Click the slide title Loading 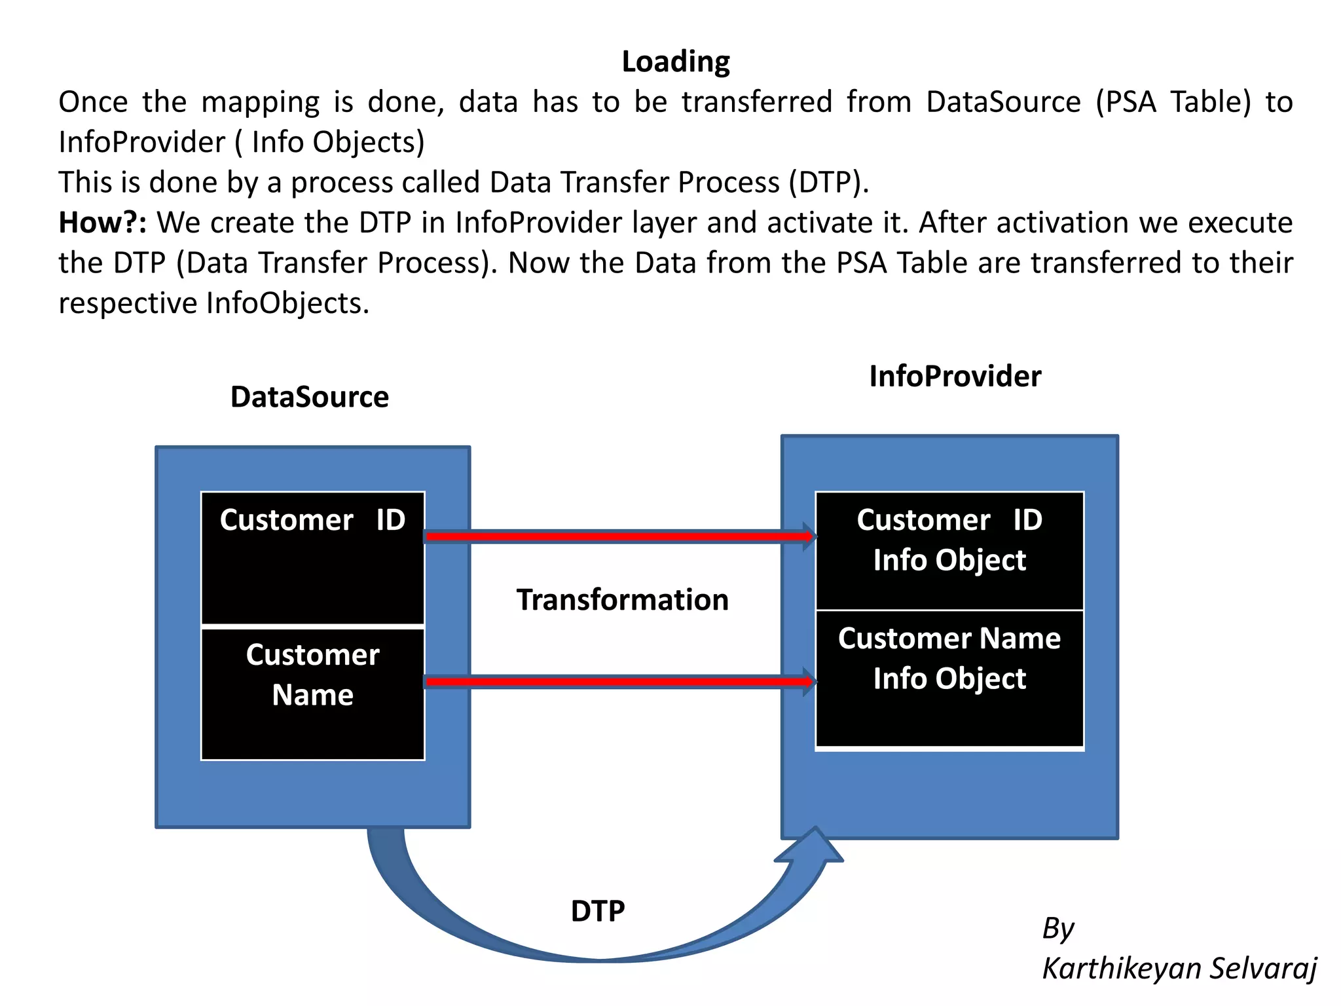[x=675, y=62]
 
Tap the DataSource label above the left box [x=309, y=397]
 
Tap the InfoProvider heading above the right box [x=955, y=377]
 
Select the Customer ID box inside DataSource [x=312, y=558]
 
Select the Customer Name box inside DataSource [x=312, y=694]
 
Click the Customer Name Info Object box [x=949, y=678]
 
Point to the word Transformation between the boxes [x=622, y=600]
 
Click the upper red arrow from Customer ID [x=615, y=537]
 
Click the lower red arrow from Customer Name [x=615, y=682]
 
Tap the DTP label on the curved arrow [x=597, y=911]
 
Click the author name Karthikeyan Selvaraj [x=1179, y=968]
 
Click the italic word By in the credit [x=1057, y=928]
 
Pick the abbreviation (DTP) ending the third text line [x=828, y=183]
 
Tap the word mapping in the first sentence [x=260, y=102]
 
